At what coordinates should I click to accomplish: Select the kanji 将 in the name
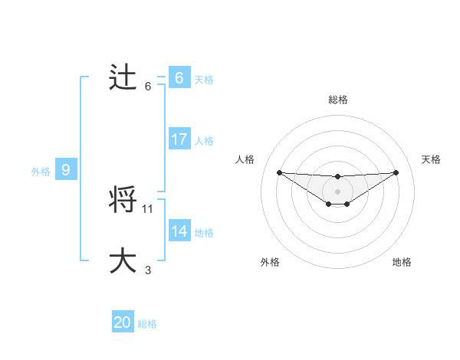coord(123,201)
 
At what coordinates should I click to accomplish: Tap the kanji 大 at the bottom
coord(123,260)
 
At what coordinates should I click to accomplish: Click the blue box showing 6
coord(179,78)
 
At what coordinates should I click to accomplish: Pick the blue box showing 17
coord(179,139)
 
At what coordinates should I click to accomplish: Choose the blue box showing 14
coord(179,231)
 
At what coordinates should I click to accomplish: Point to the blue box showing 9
coord(66,171)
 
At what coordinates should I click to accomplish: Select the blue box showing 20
coord(123,323)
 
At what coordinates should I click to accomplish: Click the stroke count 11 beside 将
coord(148,208)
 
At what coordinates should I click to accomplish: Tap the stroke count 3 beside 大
coord(148,270)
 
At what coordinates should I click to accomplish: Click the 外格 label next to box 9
coord(41,172)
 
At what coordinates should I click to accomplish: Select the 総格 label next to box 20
coord(147,324)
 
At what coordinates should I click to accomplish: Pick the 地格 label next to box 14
coord(204,232)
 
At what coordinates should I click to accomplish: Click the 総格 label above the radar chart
coord(338,100)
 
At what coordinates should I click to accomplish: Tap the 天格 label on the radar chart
coord(431,159)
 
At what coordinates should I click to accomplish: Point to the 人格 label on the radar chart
coord(245,159)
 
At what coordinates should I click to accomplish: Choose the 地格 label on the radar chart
coord(402,262)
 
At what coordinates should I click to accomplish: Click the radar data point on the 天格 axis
coord(396,172)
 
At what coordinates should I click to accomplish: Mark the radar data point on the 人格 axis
coord(279,172)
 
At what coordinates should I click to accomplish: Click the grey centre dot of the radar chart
coord(337,191)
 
